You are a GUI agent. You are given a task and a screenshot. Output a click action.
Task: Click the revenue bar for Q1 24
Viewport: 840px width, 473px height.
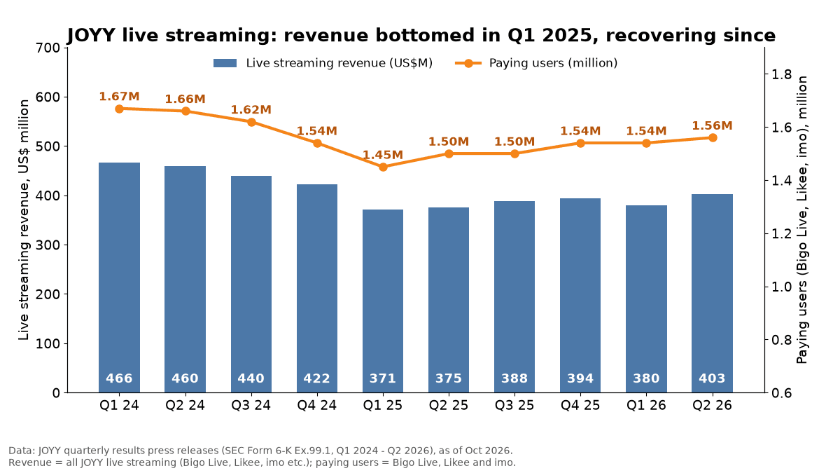point(119,277)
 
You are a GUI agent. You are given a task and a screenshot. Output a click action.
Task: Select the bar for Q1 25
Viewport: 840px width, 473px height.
point(383,301)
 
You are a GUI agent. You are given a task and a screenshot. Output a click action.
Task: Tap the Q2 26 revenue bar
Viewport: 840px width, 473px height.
point(712,293)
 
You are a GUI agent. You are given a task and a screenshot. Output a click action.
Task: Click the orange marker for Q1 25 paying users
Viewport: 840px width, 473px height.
point(383,167)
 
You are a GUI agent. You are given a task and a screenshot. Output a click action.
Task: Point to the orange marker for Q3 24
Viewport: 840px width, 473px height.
point(251,122)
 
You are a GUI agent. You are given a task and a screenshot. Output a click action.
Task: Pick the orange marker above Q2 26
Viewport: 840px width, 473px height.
point(713,138)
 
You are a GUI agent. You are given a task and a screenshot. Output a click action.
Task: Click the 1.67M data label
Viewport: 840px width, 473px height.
point(119,97)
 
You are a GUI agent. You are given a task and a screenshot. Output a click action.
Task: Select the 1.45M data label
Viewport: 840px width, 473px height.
point(383,155)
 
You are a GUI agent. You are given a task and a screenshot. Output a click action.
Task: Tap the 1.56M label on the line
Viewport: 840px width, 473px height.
point(712,125)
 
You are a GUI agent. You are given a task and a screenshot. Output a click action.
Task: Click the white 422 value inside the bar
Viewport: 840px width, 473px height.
point(317,378)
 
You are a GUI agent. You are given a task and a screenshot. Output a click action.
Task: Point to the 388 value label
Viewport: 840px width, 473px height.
point(514,378)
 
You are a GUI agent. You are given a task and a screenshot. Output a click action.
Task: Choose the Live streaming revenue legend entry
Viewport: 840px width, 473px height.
point(323,63)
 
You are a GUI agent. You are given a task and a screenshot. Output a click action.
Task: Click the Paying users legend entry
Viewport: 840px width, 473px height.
point(536,63)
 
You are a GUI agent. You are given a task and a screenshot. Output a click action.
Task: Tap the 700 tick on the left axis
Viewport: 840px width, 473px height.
point(48,48)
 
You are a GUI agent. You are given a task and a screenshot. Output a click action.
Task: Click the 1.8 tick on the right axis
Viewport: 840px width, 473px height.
point(781,74)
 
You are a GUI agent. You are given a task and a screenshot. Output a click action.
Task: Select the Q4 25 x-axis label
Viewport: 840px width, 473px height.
point(580,406)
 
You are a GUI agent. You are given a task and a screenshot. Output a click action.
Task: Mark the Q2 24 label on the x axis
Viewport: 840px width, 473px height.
point(185,406)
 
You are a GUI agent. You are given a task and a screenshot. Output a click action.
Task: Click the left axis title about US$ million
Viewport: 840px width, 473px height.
point(24,220)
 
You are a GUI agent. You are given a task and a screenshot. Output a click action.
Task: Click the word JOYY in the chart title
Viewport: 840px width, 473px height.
point(91,35)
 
